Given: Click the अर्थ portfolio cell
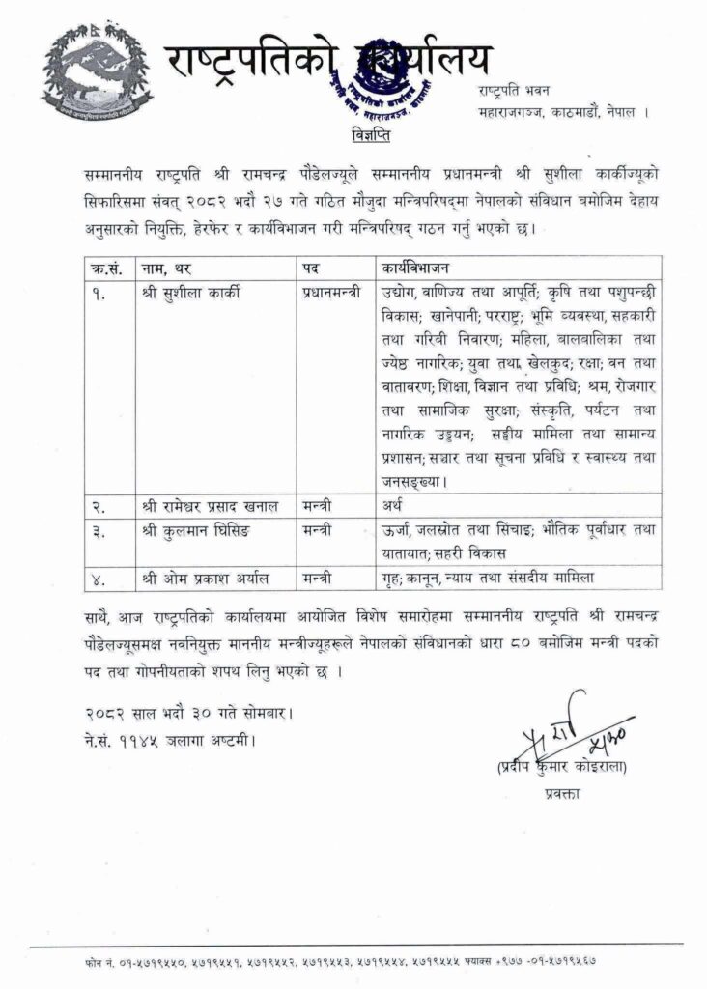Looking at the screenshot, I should (x=390, y=503).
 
